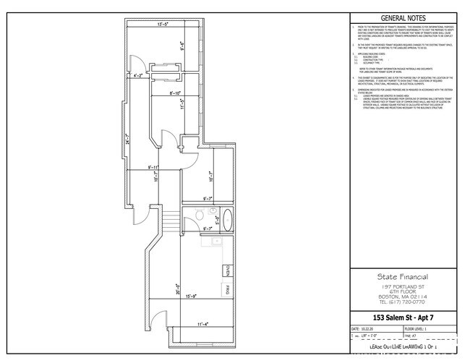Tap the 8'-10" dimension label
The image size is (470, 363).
pos(170,93)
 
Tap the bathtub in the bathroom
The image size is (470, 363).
pos(226,218)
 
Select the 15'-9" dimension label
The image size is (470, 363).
pos(192,296)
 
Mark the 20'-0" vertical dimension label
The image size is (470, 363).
pos(178,287)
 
